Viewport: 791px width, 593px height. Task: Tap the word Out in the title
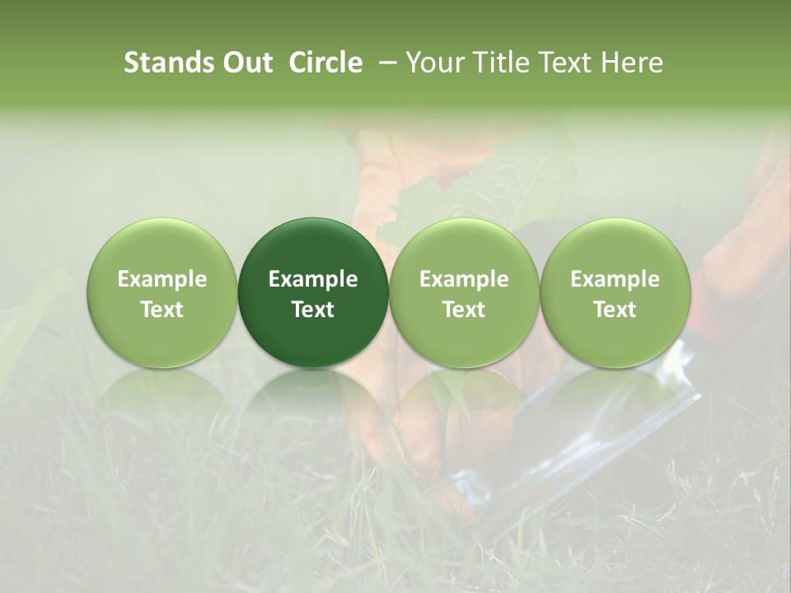tap(246, 63)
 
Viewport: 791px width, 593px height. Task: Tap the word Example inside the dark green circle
tap(313, 279)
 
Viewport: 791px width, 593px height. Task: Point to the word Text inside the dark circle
tap(313, 310)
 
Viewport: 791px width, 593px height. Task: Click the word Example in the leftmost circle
tap(162, 279)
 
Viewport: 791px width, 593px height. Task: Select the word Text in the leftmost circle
tap(162, 310)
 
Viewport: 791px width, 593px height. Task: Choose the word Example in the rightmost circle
tap(615, 279)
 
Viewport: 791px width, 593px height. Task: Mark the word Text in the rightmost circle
tap(615, 310)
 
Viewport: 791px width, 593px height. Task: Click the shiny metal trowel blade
tap(577, 445)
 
